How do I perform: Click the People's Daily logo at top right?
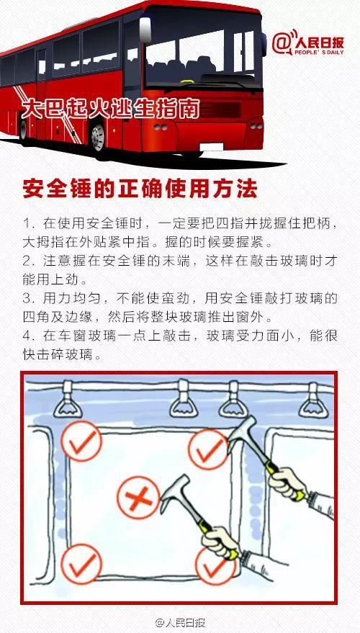coord(307,43)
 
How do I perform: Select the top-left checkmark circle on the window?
coord(81,441)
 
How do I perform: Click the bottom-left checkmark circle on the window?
coord(81,564)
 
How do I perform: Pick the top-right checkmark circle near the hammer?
coord(209,449)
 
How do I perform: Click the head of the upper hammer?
coord(241,435)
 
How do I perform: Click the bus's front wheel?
coord(97,138)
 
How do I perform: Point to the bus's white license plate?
coord(212,147)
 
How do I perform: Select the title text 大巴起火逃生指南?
coord(110,108)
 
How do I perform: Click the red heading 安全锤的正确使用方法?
coord(140,189)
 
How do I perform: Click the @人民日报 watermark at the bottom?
coord(181,622)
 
